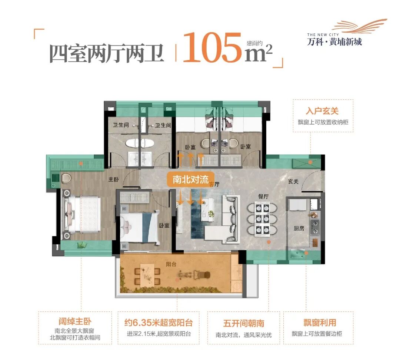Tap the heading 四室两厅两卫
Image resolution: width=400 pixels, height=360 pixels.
[x=107, y=53]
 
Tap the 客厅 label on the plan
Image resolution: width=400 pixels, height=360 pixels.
[x=212, y=184]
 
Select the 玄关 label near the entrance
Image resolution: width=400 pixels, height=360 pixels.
[x=294, y=181]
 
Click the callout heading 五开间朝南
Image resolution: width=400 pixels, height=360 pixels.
[x=244, y=323]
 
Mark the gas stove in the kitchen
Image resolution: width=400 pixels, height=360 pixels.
[x=315, y=227]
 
